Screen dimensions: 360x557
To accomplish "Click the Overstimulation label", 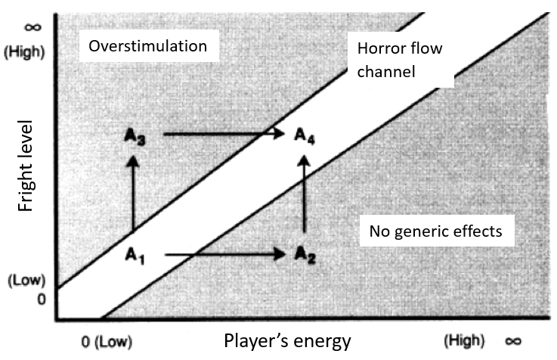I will (x=147, y=46).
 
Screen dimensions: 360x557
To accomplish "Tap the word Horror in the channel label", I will (x=376, y=49).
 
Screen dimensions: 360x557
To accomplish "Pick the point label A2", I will (x=305, y=255).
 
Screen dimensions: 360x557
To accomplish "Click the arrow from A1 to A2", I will (x=224, y=256).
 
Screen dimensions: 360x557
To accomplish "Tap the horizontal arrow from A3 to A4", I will (x=223, y=135).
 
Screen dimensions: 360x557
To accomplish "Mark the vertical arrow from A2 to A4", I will (x=305, y=194).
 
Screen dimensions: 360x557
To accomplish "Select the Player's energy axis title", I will (x=287, y=341).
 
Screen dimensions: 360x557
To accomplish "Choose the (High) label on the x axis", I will (x=463, y=340).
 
